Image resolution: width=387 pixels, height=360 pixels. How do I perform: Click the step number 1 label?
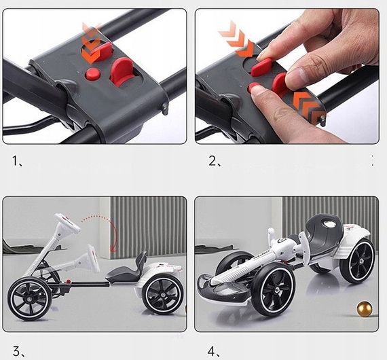[17, 161]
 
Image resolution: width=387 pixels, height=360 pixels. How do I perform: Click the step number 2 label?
[215, 161]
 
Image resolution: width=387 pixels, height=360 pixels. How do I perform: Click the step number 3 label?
[18, 351]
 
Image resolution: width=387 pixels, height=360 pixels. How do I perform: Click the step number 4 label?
[213, 351]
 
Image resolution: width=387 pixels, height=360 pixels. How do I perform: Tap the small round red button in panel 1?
[93, 74]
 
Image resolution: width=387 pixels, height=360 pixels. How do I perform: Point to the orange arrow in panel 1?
[90, 44]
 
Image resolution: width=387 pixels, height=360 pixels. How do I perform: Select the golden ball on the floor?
[365, 308]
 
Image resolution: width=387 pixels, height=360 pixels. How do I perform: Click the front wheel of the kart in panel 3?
[30, 299]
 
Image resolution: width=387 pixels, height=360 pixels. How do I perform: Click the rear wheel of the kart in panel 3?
[163, 294]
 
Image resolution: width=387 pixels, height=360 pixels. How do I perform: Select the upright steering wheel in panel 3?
[67, 222]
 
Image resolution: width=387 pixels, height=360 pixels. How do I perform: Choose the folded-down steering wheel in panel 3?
[94, 258]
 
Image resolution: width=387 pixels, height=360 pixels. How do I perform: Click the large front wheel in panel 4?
[272, 290]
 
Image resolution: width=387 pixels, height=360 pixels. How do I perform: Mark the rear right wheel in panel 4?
[357, 261]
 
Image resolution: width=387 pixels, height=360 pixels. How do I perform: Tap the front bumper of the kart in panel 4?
[222, 287]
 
